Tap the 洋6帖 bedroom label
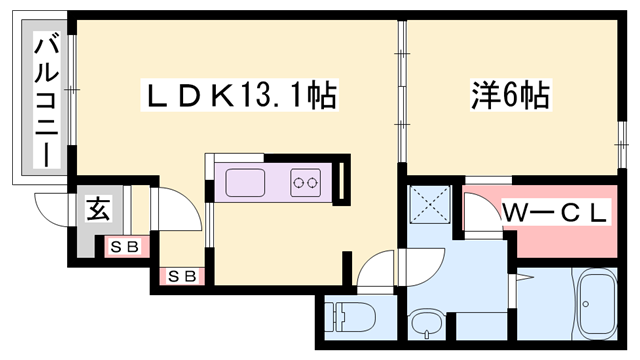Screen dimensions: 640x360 [x=509, y=97]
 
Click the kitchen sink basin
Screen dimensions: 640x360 [x=245, y=183]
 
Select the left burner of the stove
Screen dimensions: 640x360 [x=299, y=183]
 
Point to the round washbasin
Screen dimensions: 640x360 [x=425, y=325]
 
